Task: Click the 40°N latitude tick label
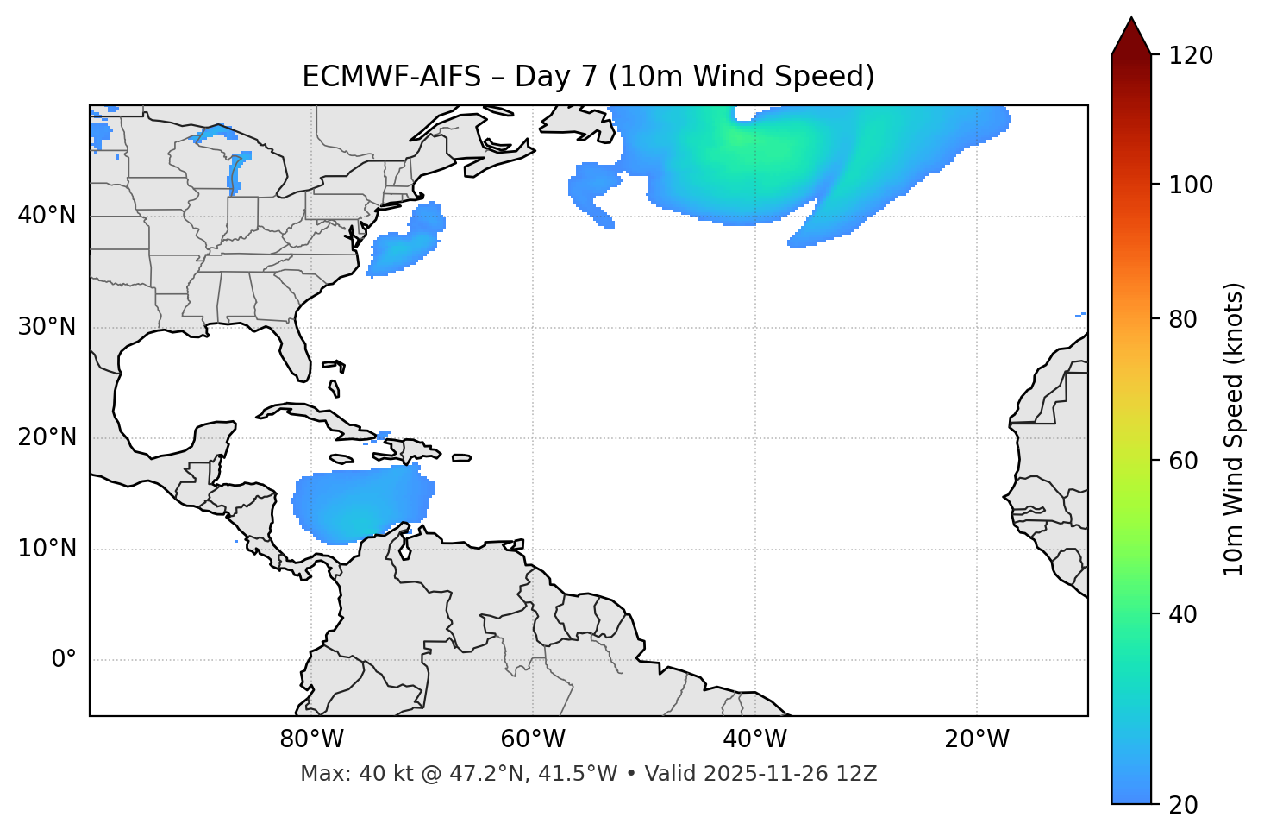(x=47, y=216)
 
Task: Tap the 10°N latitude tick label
(x=47, y=549)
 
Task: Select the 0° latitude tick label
(x=64, y=660)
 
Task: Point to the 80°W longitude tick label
(x=311, y=739)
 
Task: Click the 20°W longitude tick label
(x=977, y=739)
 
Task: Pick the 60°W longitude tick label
(x=533, y=739)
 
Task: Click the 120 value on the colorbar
(x=1191, y=56)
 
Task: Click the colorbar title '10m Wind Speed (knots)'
(x=1234, y=430)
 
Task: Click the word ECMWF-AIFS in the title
(x=391, y=77)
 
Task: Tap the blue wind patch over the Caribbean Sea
(x=362, y=505)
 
